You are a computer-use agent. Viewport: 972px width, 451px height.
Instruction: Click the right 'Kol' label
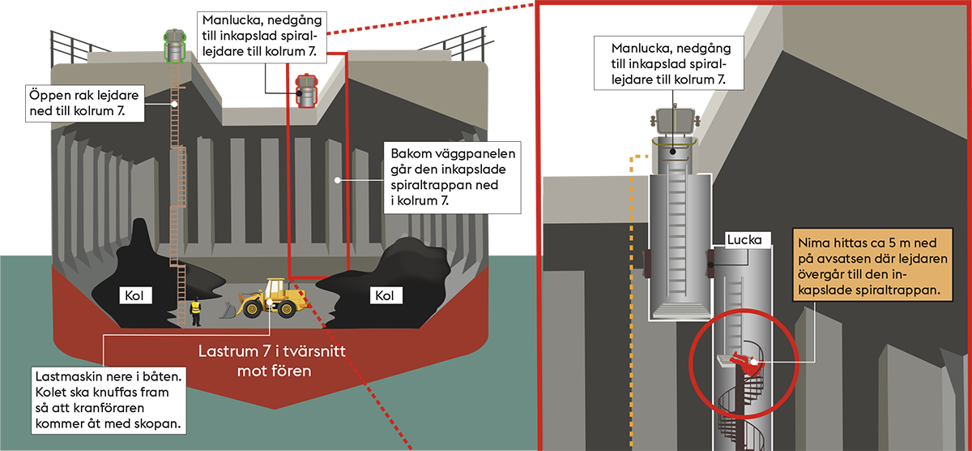[385, 294]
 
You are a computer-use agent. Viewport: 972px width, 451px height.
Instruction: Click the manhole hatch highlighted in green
[173, 46]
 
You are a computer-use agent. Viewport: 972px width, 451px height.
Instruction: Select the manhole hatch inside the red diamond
[306, 88]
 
